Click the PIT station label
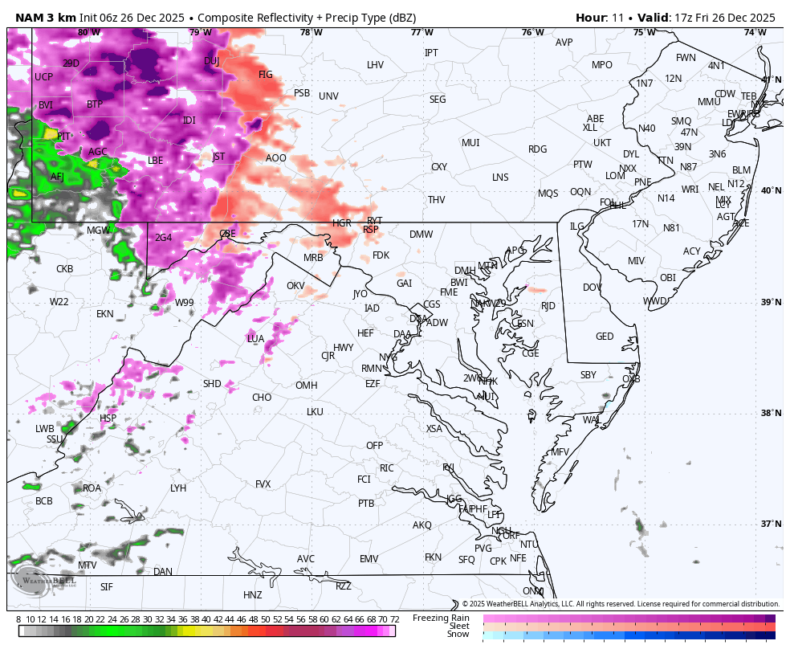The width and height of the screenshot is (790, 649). (64, 137)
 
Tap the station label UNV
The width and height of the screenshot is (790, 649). (328, 96)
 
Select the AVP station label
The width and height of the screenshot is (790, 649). (564, 43)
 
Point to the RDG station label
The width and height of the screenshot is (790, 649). (537, 149)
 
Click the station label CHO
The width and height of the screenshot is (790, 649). (262, 398)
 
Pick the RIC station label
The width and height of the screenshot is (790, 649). (387, 468)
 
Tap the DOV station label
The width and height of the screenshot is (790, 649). (592, 288)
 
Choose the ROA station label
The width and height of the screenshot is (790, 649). (92, 488)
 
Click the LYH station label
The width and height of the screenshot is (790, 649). (178, 488)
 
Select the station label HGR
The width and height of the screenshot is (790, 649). (342, 223)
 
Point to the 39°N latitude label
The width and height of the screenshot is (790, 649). (771, 302)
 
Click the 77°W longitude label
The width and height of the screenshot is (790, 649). (421, 32)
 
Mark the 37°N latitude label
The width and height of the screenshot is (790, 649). (771, 524)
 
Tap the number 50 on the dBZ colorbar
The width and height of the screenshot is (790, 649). (265, 619)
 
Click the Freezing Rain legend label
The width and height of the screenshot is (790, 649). (441, 618)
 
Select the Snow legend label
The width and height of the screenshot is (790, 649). (458, 635)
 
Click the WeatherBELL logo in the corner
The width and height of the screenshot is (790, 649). (44, 580)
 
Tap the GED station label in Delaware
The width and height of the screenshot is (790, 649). (605, 337)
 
